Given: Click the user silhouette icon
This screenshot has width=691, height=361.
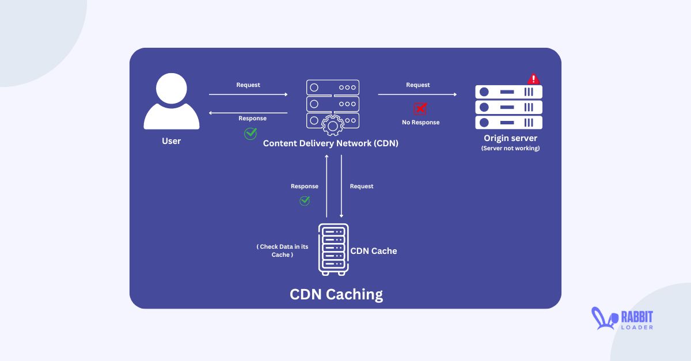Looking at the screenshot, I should point(171,104).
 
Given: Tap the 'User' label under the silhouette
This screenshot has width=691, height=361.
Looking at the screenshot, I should point(171,141).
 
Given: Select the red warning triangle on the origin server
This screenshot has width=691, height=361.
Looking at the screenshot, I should point(533,79).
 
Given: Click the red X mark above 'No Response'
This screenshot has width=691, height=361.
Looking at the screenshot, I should point(420,109).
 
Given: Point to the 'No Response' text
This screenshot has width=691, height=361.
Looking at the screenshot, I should point(420,123).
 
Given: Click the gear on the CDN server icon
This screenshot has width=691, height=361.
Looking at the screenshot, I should point(332,124).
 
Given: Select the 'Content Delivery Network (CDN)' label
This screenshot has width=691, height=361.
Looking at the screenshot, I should point(331,143).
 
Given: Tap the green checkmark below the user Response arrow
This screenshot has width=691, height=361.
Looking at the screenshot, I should point(250,134).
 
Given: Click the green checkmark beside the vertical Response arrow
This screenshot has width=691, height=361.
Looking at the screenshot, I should point(305,200).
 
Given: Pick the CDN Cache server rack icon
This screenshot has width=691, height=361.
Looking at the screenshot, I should point(333,249).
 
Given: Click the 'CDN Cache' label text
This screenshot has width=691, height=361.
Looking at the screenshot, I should point(374,251).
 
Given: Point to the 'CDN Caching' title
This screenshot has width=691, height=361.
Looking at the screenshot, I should point(336,294).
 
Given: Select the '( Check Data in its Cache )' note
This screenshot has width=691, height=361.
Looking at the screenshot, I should point(282,250).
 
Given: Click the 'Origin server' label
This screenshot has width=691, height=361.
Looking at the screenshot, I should point(510,138).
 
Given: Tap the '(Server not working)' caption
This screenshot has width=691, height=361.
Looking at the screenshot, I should point(510,149).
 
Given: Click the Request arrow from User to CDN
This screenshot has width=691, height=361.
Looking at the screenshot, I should point(248,94).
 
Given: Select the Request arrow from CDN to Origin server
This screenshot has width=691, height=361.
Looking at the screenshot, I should point(417,94).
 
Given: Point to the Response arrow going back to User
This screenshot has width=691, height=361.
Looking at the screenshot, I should point(248,113).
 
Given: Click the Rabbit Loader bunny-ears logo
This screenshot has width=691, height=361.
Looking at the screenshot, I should point(603,319).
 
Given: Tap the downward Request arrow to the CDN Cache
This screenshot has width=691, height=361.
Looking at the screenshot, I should point(341,186).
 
